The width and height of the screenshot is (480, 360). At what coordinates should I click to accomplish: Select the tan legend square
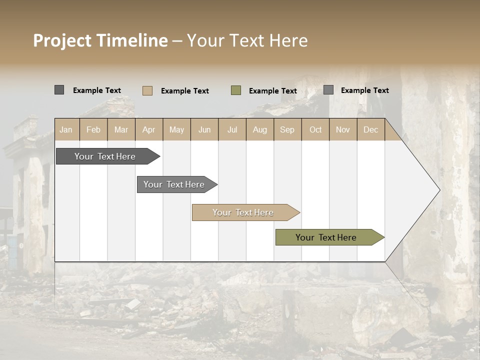point(147,90)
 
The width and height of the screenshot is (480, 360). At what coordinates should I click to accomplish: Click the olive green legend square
point(236,90)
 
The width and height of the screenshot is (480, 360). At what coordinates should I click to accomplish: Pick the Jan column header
point(66,129)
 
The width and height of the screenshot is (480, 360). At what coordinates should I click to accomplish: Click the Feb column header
point(93,129)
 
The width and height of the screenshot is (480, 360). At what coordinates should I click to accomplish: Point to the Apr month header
point(149,129)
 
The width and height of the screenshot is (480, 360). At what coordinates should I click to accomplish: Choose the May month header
point(176,129)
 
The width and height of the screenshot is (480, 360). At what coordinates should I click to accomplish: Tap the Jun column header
point(204,129)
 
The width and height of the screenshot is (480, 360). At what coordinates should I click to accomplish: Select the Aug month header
point(260,129)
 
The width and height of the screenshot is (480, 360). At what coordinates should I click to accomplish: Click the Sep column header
point(287,129)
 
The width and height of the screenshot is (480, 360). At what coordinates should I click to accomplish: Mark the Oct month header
point(315,129)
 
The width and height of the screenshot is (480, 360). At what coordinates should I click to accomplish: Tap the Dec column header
point(371,129)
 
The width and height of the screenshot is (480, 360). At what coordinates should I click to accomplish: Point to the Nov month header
point(343,129)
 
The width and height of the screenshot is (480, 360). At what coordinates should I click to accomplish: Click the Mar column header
point(121,129)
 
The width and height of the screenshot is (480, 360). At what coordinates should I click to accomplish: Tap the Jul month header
point(232,129)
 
